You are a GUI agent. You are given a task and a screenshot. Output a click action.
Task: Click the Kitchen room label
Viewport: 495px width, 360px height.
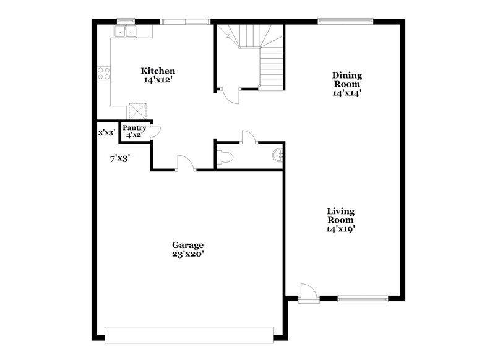(x=158, y=71)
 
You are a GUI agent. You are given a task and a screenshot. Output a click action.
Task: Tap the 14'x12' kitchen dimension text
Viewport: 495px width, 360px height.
(x=158, y=80)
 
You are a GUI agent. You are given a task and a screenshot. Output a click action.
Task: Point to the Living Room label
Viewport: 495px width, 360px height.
(x=340, y=216)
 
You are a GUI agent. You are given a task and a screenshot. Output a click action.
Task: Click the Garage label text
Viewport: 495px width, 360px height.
(x=187, y=245)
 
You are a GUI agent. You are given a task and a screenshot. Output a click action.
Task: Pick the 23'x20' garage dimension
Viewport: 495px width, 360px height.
(x=187, y=254)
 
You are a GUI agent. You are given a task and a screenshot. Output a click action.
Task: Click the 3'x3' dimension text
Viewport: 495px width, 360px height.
(x=106, y=132)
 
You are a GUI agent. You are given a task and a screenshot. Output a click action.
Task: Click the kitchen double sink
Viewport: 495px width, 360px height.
(x=126, y=32)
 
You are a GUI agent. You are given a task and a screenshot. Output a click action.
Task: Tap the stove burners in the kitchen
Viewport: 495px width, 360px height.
(x=104, y=74)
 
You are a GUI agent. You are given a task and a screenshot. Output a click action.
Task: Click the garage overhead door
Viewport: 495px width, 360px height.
(x=189, y=334)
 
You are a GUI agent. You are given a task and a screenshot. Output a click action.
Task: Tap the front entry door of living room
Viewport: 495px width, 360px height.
(x=306, y=293)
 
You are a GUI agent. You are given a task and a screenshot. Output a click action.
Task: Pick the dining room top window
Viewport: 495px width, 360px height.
(x=345, y=21)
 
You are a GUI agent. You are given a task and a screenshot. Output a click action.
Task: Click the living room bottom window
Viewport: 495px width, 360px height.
(x=363, y=300)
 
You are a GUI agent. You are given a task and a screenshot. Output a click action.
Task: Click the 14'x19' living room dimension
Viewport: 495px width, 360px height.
(x=340, y=229)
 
